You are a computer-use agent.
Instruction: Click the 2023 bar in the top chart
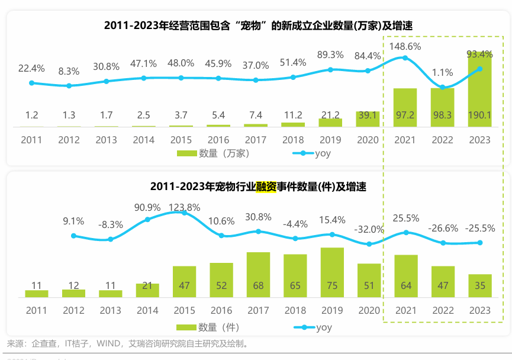click(x=479, y=89)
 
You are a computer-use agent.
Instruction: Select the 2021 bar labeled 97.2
click(x=405, y=107)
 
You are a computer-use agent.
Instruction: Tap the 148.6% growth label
click(x=405, y=46)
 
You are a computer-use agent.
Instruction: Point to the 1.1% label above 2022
click(x=442, y=73)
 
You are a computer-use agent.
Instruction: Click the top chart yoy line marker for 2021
click(x=405, y=57)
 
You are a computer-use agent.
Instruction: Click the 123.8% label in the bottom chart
click(x=184, y=207)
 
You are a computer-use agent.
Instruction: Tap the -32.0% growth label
click(x=369, y=229)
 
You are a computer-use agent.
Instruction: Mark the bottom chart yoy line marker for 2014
click(x=147, y=220)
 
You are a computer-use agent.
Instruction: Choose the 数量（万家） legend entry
click(x=213, y=154)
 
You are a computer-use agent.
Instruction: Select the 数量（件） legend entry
click(x=213, y=327)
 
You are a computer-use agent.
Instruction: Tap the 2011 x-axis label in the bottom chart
click(x=36, y=310)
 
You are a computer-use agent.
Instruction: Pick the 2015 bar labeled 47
click(x=184, y=281)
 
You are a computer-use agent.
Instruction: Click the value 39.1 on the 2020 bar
click(x=368, y=115)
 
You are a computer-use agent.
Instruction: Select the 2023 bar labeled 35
click(x=479, y=285)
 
